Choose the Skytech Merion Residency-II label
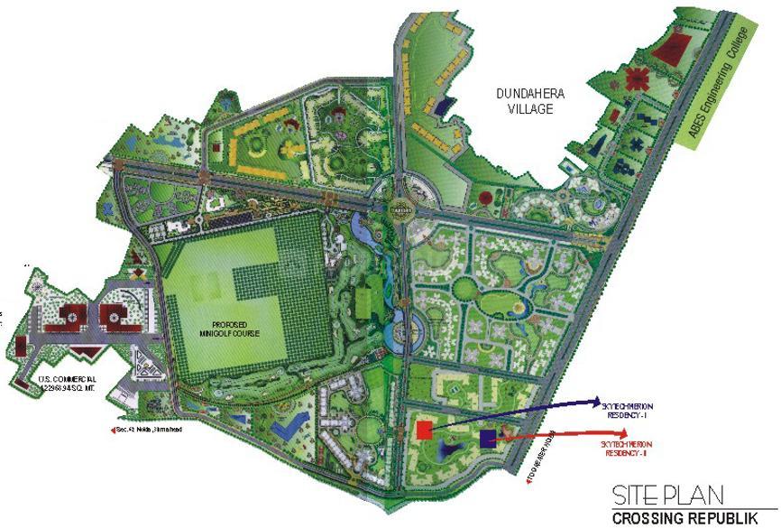(x=626, y=447)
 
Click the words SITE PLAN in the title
(x=667, y=496)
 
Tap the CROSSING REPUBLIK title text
(x=693, y=519)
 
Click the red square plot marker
(x=424, y=431)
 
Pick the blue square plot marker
(x=488, y=439)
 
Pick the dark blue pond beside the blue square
(x=449, y=447)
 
